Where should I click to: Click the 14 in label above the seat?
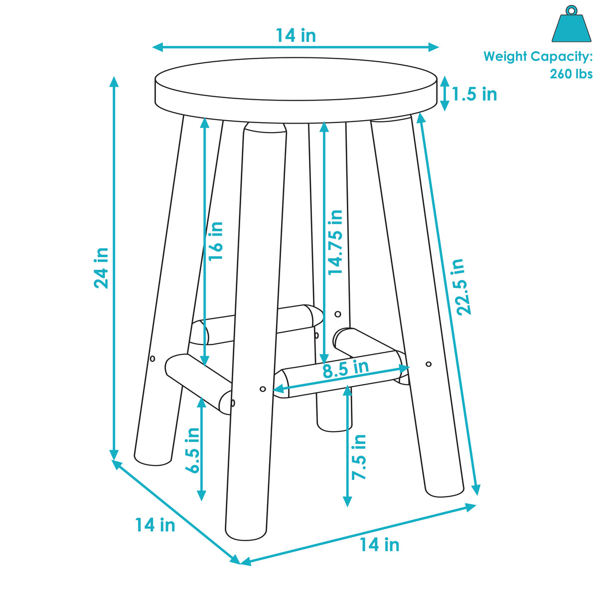[x=296, y=35]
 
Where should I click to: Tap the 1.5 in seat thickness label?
[x=474, y=94]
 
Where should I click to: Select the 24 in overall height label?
[x=101, y=268]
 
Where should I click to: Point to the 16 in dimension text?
[x=216, y=241]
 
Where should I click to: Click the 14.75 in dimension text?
[x=335, y=243]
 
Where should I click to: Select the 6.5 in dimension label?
[x=193, y=450]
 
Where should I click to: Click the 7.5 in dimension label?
[x=359, y=457]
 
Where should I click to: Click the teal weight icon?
[x=571, y=27]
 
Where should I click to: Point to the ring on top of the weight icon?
[x=571, y=10]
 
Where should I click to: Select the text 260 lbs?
[x=571, y=74]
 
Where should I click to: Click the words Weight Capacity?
[x=537, y=56]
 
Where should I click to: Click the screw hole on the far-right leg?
[x=429, y=364]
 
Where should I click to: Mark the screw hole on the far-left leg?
[x=152, y=358]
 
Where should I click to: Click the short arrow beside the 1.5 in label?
[x=445, y=94]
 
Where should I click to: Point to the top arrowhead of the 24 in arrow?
[x=114, y=81]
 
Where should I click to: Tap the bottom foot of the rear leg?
[x=334, y=426]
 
